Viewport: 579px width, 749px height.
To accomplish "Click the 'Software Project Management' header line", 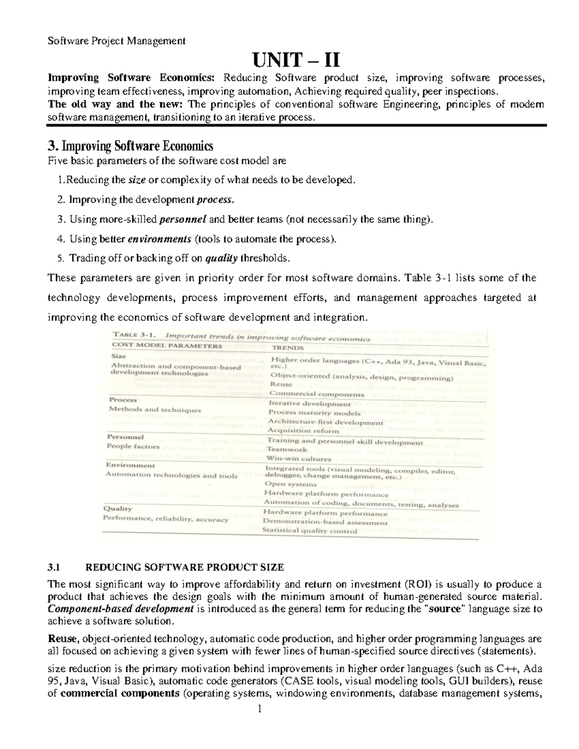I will pyautogui.click(x=116, y=41).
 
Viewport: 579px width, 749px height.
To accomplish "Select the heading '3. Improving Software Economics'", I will pyautogui.click(x=130, y=146).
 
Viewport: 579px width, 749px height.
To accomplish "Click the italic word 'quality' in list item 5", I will pyautogui.click(x=221, y=259).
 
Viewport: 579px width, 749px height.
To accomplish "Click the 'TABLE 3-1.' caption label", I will pyautogui.click(x=134, y=334).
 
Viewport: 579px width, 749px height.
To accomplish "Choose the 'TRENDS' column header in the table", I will pyautogui.click(x=288, y=347).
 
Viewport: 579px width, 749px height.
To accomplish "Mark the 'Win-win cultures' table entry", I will pyautogui.click(x=299, y=459).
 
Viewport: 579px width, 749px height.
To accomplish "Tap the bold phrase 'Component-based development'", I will pyautogui.click(x=121, y=609).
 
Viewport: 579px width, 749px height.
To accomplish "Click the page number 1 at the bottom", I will pyautogui.click(x=259, y=709).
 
